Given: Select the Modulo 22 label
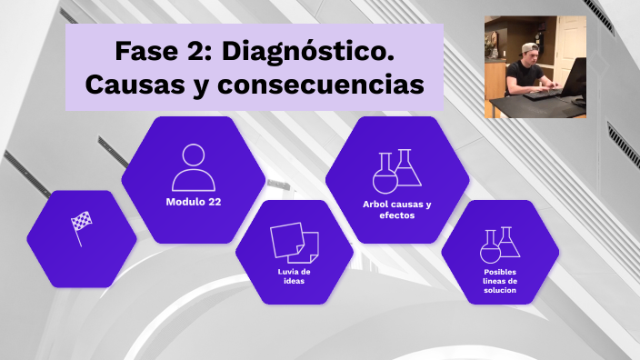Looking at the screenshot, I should click(194, 202).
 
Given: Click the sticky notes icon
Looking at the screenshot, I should click(295, 242).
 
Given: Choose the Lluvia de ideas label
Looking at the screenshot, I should click(295, 275).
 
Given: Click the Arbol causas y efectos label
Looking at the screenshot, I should click(397, 209).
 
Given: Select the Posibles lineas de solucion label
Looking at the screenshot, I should click(500, 281).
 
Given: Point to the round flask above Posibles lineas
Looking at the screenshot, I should click(491, 247).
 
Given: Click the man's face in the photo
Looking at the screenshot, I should click(533, 56).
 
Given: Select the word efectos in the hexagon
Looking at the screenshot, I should click(397, 215).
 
